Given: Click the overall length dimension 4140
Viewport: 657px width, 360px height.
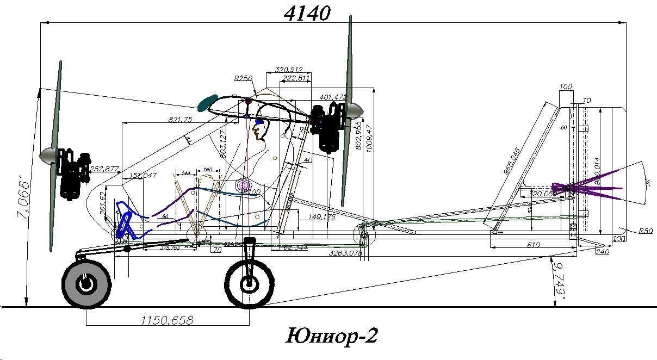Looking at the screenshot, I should pyautogui.click(x=307, y=13).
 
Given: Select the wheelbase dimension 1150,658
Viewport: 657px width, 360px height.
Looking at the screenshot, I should pyautogui.click(x=167, y=320).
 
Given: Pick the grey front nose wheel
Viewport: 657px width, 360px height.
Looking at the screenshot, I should pyautogui.click(x=86, y=283).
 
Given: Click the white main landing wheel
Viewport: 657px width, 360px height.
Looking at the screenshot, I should pyautogui.click(x=249, y=283).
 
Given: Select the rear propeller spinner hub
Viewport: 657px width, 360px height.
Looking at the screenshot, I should pyautogui.click(x=355, y=111).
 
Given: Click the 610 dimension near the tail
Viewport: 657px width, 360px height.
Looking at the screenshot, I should pyautogui.click(x=534, y=245).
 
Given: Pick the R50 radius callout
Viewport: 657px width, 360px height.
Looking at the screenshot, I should pyautogui.click(x=645, y=231).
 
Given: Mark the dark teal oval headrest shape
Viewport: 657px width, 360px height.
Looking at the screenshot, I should pyautogui.click(x=207, y=103).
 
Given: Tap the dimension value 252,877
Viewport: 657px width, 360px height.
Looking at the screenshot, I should pyautogui.click(x=104, y=169).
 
